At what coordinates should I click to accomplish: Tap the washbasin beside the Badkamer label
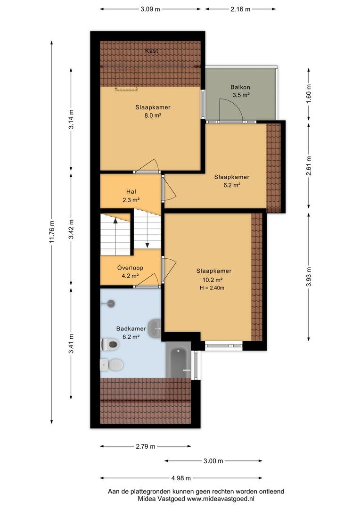[x=155, y=329]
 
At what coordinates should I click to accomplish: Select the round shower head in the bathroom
[x=111, y=304]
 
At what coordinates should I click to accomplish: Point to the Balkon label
[x=240, y=87]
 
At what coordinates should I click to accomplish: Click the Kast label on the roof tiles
[x=152, y=50]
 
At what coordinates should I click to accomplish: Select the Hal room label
[x=131, y=192]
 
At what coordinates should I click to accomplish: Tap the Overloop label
[x=130, y=268]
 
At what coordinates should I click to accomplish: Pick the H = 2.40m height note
[x=212, y=287]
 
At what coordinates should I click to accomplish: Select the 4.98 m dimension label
[x=181, y=478]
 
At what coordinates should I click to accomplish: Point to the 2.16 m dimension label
[x=240, y=9]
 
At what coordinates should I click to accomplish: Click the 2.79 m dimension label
[x=146, y=446]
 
